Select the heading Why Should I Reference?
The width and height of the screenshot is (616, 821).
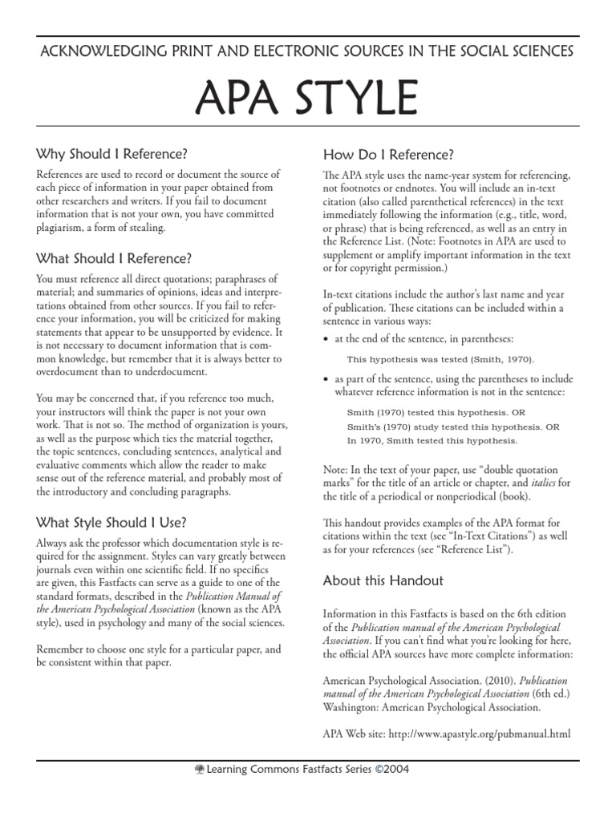pyautogui.click(x=113, y=154)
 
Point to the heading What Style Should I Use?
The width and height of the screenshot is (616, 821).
pyautogui.click(x=111, y=522)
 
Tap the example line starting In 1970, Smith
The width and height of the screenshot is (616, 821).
pyautogui.click(x=432, y=440)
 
